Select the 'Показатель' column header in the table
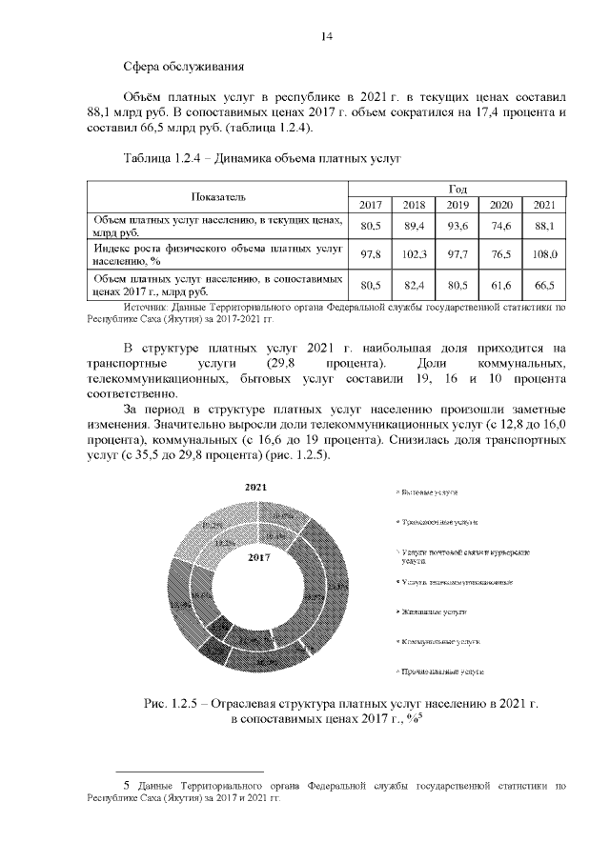tap(217, 196)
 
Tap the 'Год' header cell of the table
tap(456, 189)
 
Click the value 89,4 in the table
tap(414, 226)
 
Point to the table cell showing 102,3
tap(414, 254)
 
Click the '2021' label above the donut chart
tap(255, 487)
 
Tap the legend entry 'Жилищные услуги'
tap(433, 612)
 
